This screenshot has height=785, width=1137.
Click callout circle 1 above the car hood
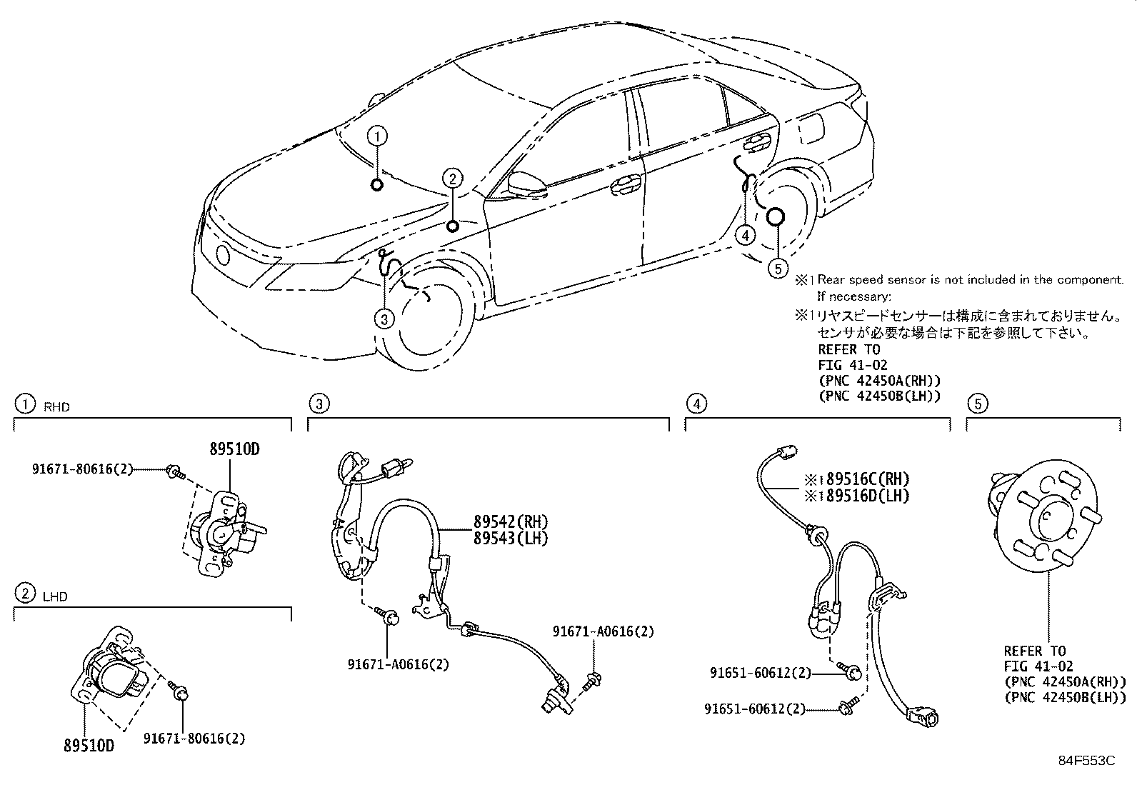378,136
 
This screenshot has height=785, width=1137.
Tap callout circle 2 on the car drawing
452,178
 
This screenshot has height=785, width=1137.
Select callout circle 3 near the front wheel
384,319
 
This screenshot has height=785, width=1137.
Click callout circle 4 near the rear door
745,234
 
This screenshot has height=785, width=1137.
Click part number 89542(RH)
510,521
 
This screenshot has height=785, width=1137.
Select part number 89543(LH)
510,538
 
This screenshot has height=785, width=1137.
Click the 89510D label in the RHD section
234,449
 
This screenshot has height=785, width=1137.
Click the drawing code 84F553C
1086,761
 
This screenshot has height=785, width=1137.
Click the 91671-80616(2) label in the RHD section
82,469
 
